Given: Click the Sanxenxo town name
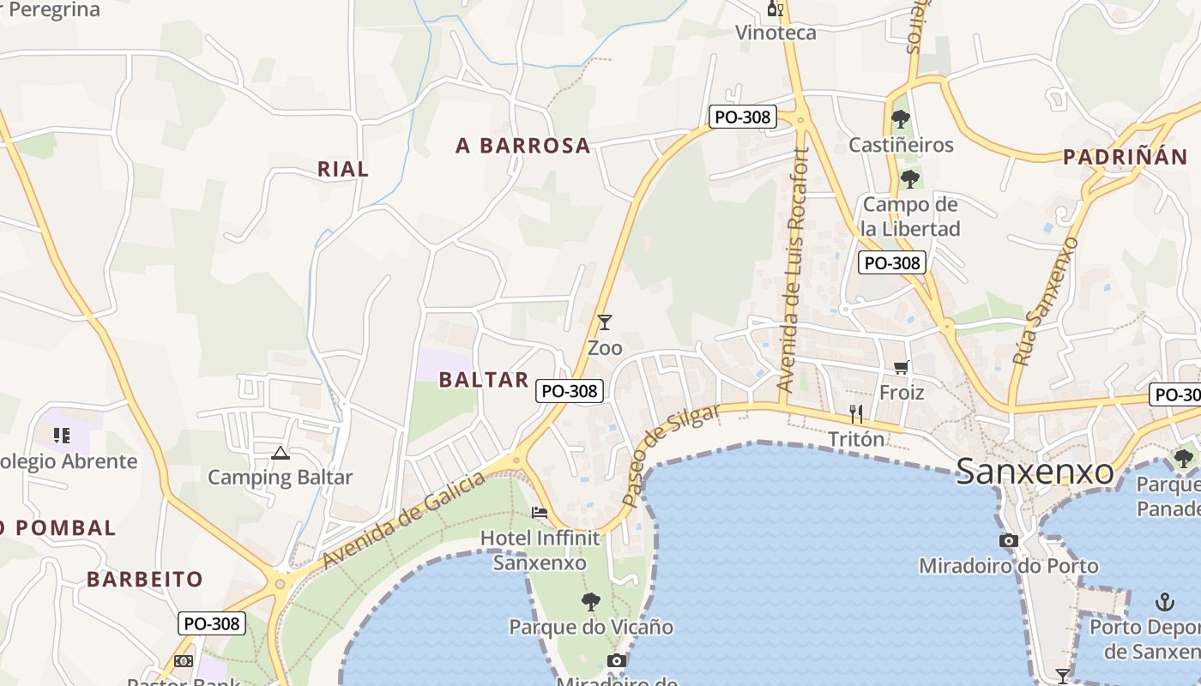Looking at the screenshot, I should tap(1035, 472).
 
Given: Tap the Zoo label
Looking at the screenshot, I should tap(605, 348).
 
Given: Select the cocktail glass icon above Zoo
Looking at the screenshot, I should tap(605, 322).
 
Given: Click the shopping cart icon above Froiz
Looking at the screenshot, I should tap(901, 368).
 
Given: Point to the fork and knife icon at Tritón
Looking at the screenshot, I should tap(856, 414).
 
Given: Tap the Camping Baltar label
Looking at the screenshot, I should tap(280, 478).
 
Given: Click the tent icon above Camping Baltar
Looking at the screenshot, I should tap(280, 453).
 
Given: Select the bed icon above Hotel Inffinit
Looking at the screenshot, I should tap(540, 513).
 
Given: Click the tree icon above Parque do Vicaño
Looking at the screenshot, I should tap(591, 602).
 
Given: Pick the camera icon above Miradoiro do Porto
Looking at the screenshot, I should tap(1009, 540).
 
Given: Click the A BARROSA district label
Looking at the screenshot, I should tap(523, 146).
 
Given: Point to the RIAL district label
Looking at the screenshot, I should tap(343, 169).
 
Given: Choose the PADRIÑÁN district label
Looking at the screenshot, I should tap(1125, 157).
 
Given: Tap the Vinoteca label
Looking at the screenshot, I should tap(776, 33).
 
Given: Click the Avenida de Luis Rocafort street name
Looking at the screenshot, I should tap(794, 271).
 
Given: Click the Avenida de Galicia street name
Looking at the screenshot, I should tap(406, 520).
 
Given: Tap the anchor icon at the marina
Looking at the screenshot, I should tap(1165, 601).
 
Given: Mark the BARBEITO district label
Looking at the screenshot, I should tap(145, 579).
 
